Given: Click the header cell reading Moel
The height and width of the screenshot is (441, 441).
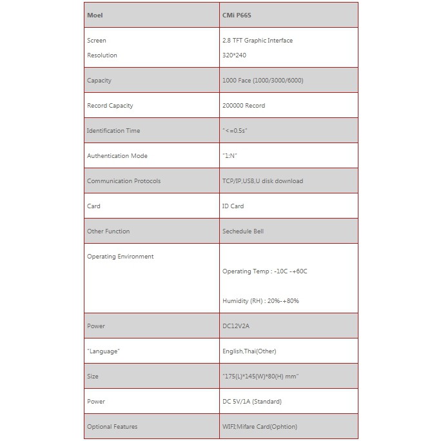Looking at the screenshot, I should pos(95,15).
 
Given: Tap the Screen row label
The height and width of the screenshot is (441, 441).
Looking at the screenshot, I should pos(97,41).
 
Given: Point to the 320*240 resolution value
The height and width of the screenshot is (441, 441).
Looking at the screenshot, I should pos(234,55).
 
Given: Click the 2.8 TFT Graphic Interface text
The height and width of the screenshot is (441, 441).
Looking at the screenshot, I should pos(257,41).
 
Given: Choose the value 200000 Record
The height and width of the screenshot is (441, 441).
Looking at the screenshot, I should pos(244,106).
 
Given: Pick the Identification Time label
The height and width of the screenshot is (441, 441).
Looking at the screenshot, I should pos(113,131).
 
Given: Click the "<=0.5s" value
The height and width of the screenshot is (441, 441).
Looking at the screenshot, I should pos(235,131).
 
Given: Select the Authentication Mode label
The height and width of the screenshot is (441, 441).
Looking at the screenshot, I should pos(117,156).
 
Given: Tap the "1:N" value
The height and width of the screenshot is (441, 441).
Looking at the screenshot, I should pos(230,156).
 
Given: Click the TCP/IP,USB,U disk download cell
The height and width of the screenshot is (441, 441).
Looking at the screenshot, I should pos(262,181).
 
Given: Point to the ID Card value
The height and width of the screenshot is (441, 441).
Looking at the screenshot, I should pos(233,206).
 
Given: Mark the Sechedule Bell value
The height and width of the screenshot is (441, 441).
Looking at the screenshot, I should pos(243,231).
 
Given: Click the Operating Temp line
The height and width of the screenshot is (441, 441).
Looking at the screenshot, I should pos(265,271).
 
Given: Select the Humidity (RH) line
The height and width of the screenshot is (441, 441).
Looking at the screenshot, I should pos(260,301).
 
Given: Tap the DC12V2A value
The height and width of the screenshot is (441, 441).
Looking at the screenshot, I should pos(236,326).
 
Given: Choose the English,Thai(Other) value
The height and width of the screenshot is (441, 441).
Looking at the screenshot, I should pos(250,351).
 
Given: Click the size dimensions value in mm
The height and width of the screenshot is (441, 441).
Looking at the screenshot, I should pos(260,377).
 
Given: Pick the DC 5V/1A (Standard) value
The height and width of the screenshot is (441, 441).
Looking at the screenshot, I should pos(252,402).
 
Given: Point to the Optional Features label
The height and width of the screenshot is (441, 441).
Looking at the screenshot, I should pos(112,427).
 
